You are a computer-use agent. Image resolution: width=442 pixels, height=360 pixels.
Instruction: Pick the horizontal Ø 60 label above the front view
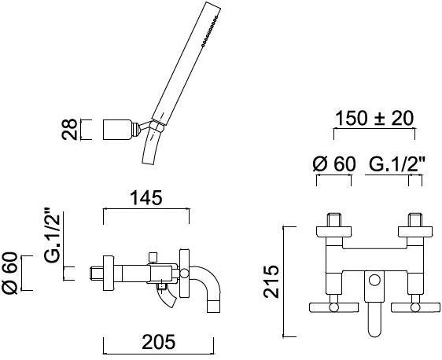[x=333, y=165]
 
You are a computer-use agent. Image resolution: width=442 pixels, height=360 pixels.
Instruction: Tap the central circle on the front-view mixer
[x=374, y=281]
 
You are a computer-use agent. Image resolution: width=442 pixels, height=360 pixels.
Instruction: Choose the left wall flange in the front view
[x=333, y=230]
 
